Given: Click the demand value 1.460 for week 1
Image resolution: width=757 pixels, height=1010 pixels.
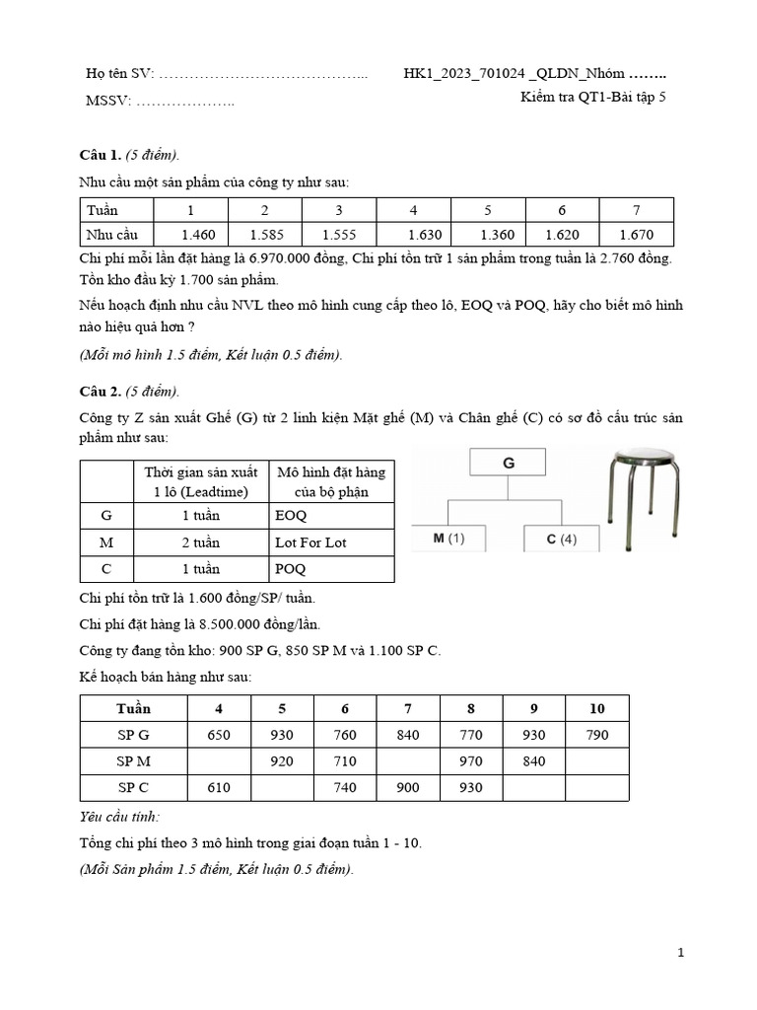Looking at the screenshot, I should click(198, 235).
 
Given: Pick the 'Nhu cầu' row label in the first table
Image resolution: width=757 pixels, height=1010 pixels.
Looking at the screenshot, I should click(112, 235).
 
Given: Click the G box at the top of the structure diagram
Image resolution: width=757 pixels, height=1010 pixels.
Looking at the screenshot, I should click(509, 462).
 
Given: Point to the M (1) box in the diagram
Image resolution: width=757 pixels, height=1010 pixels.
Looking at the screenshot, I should click(448, 539).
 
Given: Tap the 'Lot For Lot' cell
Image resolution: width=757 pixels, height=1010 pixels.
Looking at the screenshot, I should click(310, 542).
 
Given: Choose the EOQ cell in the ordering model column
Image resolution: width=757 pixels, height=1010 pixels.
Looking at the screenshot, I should click(292, 516).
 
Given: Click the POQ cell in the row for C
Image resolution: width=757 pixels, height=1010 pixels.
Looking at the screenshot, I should click(291, 569).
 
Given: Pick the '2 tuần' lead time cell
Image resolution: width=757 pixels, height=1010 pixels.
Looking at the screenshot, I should click(201, 542).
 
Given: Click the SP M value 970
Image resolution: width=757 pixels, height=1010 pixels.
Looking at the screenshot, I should click(471, 760).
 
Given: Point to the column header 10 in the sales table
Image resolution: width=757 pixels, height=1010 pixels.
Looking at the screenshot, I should click(596, 708).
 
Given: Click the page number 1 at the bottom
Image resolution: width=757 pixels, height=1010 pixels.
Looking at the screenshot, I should click(681, 953).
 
